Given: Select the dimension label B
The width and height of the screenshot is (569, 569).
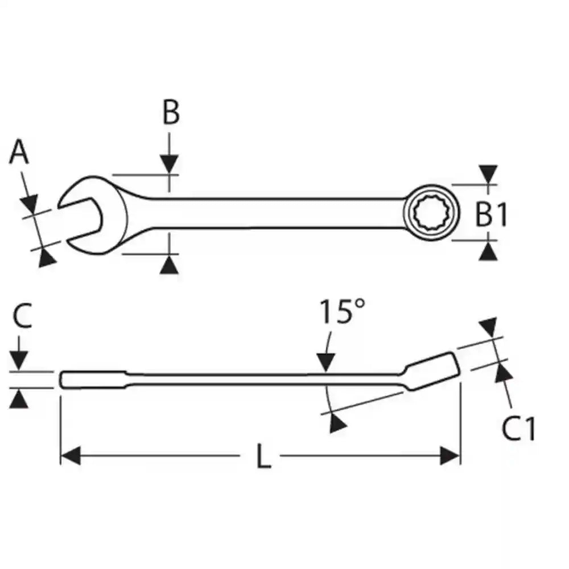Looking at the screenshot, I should point(170,113).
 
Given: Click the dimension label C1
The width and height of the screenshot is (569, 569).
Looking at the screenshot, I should point(518,429).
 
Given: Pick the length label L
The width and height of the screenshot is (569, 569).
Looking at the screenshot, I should point(262,456).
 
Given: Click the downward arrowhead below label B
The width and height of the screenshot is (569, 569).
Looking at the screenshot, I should point(169,164).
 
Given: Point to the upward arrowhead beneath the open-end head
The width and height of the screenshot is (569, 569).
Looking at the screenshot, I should point(169,265).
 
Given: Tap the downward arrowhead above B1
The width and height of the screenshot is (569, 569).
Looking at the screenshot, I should point(488,174).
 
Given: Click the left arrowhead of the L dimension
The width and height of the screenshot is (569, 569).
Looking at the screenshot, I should point(71,456).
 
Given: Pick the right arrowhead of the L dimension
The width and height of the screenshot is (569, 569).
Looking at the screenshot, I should point(450,456).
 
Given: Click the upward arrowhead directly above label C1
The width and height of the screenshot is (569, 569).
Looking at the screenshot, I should point(502,373).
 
